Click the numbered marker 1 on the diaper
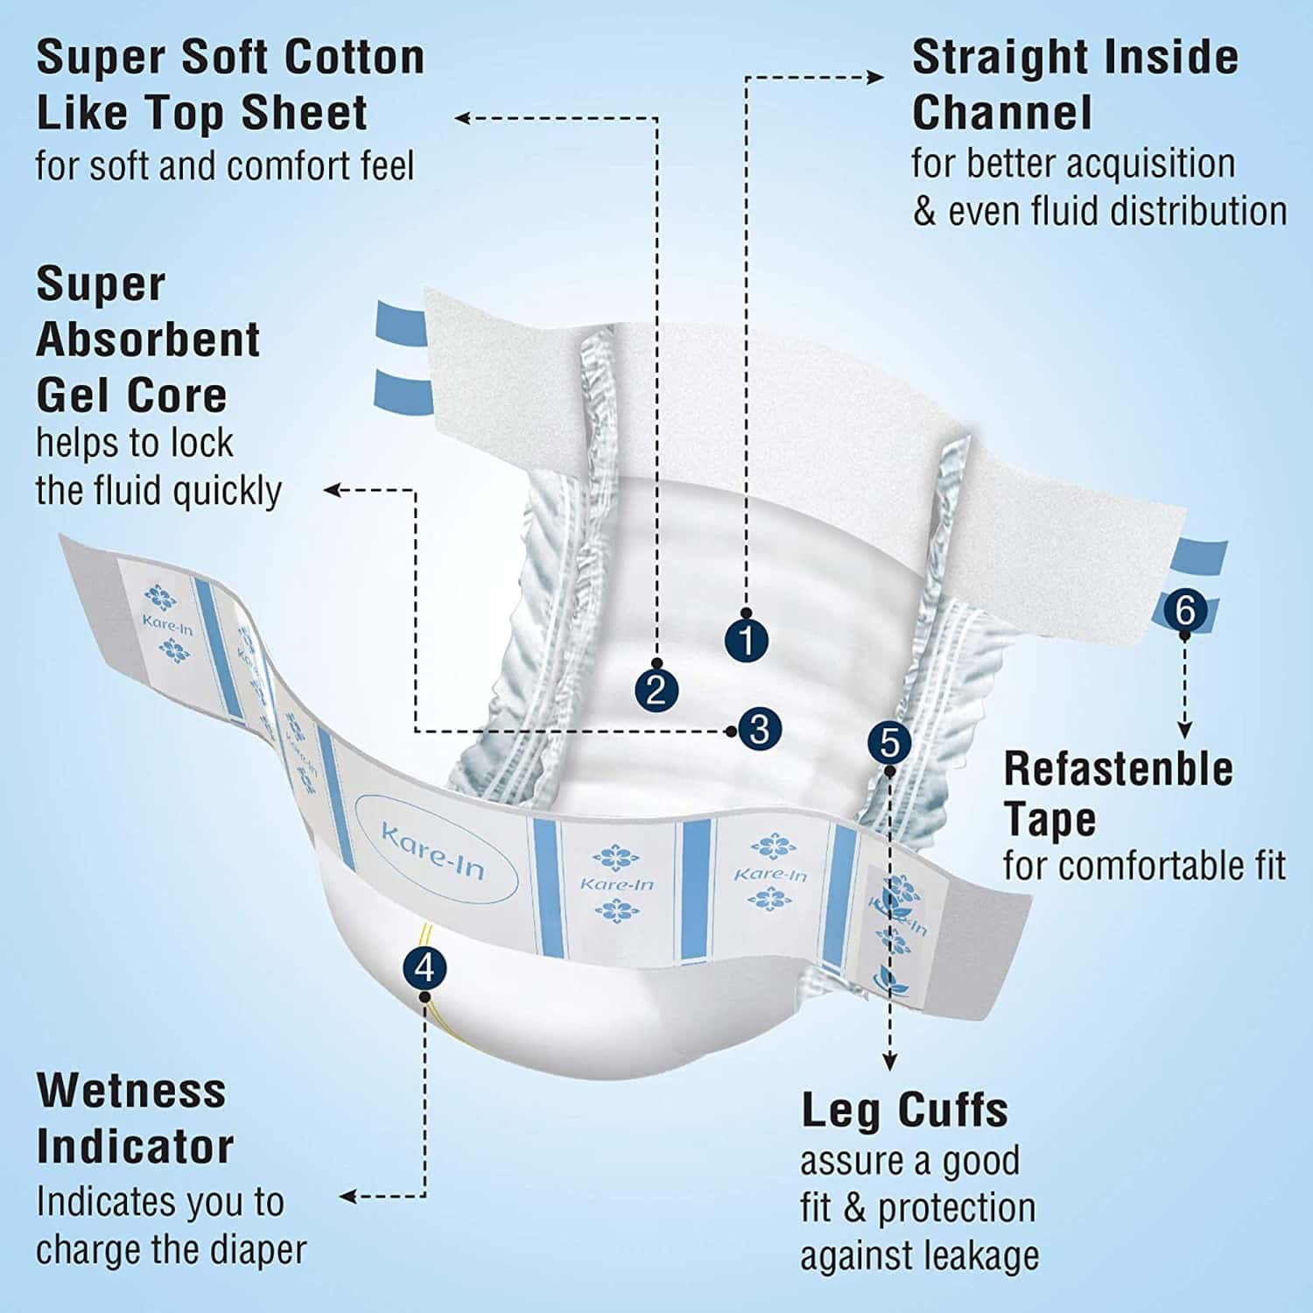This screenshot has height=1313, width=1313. click(x=747, y=640)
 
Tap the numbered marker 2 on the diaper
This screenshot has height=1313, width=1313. click(x=656, y=688)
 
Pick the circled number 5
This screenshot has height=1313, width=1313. click(x=889, y=743)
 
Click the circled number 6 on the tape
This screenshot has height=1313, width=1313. click(x=1185, y=609)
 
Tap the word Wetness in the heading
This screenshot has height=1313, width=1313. click(x=131, y=1091)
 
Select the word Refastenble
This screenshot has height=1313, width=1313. click(x=1118, y=769)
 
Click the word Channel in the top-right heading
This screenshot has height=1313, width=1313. click(x=1002, y=112)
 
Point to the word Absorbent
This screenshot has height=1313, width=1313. click(x=148, y=340)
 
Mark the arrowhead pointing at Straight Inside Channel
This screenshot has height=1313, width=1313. click(x=875, y=77)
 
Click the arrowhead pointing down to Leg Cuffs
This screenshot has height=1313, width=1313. click(x=890, y=1062)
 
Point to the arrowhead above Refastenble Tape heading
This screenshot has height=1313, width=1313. click(x=1184, y=730)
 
